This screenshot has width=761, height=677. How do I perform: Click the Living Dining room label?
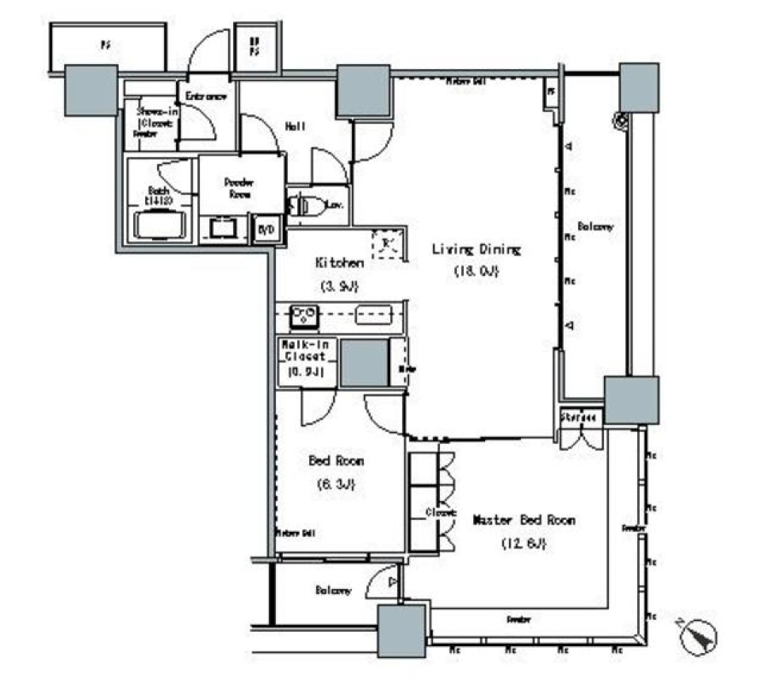[476, 250]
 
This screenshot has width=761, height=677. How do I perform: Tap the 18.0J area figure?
[476, 271]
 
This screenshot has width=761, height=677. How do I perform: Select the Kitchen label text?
[340, 262]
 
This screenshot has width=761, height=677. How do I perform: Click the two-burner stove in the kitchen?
[302, 316]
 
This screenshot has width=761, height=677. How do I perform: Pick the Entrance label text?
[206, 96]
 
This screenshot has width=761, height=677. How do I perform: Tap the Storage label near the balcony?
[579, 418]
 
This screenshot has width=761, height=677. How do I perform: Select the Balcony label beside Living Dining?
[595, 227]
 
